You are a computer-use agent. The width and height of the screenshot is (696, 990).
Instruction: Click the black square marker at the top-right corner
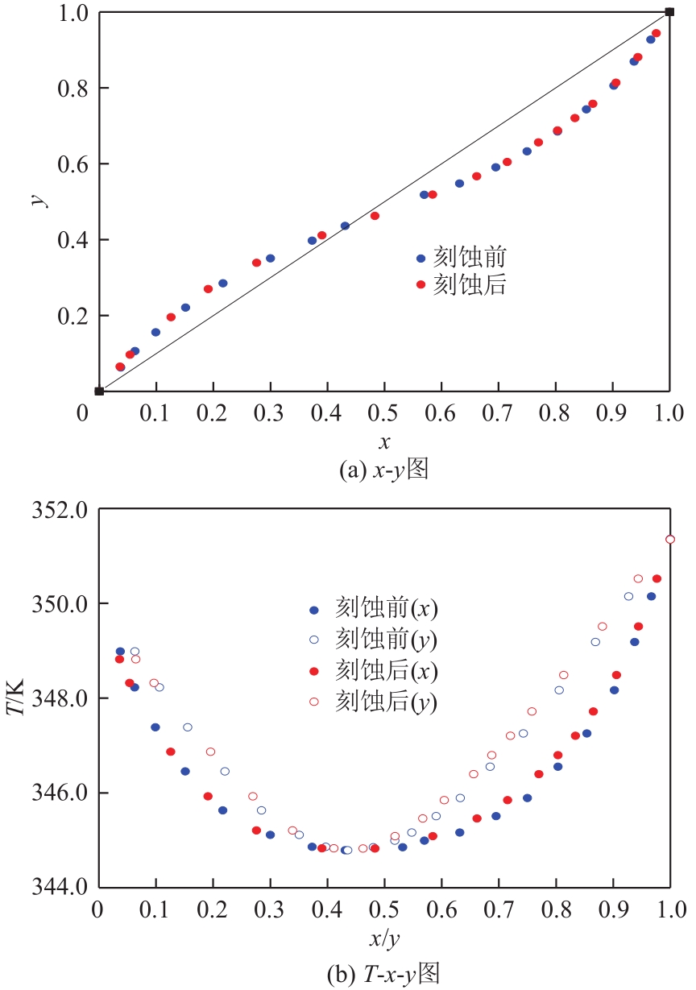coord(669,11)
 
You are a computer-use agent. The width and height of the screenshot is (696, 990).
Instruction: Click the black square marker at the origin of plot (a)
coord(99,391)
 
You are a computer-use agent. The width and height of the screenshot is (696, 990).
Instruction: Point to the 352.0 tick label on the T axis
coord(59,510)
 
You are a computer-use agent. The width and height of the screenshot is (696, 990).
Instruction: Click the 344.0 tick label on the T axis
coord(59,887)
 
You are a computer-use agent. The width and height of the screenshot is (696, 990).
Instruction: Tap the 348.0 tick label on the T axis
coord(59,698)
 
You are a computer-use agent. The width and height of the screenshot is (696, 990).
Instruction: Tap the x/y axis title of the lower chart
coord(384,941)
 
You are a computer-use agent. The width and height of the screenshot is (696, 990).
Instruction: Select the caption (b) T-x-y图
coord(384,973)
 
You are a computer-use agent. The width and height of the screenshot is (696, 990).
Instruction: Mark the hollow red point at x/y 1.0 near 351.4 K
coord(669,539)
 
